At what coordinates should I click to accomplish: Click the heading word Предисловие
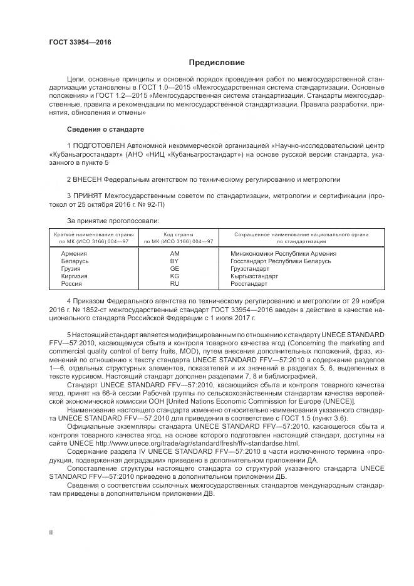[x=217, y=63]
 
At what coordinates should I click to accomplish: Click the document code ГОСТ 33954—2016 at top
[x=80, y=42]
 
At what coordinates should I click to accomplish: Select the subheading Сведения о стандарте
[x=105, y=129]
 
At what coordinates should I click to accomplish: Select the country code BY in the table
[x=174, y=261]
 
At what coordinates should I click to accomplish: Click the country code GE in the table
[x=174, y=268]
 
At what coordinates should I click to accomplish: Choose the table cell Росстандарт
[x=249, y=283]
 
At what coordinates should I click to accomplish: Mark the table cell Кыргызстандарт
[x=254, y=276]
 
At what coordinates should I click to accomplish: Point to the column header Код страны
[x=179, y=233]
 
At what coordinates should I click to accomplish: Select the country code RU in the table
[x=174, y=283]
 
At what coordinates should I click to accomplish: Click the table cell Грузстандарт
[x=250, y=268]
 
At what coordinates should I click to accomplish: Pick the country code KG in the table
[x=174, y=276]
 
